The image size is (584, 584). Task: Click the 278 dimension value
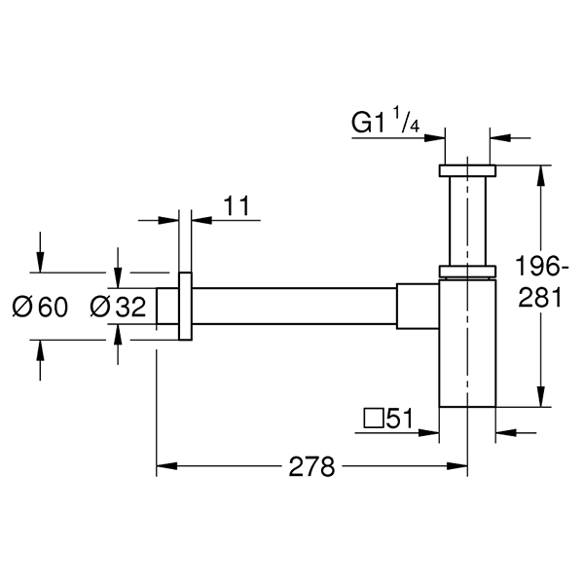click(x=311, y=466)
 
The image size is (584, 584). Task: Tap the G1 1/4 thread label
click(x=385, y=125)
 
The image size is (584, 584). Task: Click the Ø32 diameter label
click(x=118, y=309)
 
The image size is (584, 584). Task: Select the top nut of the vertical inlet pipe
click(x=467, y=171)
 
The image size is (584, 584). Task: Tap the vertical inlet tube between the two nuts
click(x=467, y=220)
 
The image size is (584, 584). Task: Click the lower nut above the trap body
click(x=467, y=270)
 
